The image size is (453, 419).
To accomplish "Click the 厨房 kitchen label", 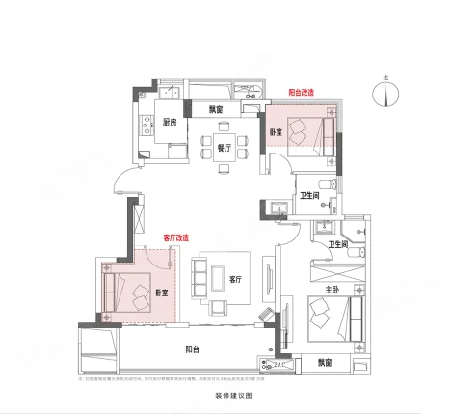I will coord(170,123).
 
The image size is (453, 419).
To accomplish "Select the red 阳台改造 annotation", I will coord(303,94).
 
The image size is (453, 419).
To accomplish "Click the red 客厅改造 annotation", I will coord(175,237).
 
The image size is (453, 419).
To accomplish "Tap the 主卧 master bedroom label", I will coord(331,288).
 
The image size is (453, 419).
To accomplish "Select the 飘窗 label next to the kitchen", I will coord(218,109).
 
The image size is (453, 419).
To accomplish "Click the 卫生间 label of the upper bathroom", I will coord(309,196).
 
